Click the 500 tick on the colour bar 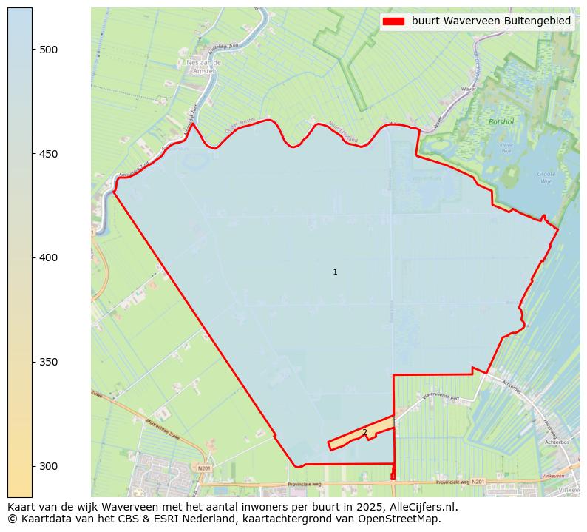tap(48, 50)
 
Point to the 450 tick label tap(48, 154)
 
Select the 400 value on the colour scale tap(48, 257)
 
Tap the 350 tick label tap(48, 362)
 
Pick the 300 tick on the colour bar tap(48, 466)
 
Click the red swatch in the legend tap(393, 21)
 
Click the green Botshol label tap(501, 121)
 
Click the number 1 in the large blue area tap(335, 272)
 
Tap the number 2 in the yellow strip tap(364, 432)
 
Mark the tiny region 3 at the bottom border tap(393, 477)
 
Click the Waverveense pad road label tap(441, 397)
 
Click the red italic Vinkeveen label tap(553, 476)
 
